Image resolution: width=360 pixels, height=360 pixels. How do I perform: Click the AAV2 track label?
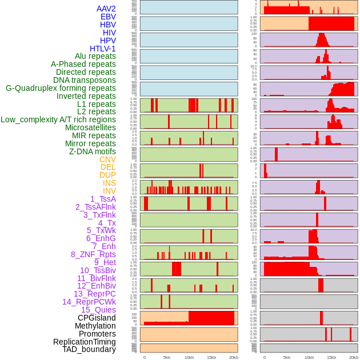[106, 9]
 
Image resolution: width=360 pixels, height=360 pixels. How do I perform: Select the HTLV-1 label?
[103, 49]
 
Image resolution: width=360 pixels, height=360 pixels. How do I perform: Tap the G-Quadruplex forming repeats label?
[61, 88]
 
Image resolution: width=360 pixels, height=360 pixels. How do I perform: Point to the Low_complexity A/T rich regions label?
[58, 119]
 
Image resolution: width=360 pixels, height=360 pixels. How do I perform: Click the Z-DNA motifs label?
[93, 151]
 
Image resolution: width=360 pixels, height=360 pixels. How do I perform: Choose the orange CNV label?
[107, 159]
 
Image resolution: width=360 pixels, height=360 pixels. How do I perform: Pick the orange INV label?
[109, 191]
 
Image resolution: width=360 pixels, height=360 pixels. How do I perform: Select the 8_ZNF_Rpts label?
[93, 254]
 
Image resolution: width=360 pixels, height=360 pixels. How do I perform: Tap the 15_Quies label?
[98, 310]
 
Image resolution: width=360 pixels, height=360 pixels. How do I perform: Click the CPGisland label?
[97, 318]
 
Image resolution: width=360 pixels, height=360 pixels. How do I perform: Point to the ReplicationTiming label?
[85, 342]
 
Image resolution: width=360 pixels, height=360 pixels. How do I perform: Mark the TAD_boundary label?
[89, 349]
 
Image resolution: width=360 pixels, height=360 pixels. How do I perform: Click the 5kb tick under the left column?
[167, 357]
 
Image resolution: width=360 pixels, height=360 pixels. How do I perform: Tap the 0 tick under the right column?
[264, 357]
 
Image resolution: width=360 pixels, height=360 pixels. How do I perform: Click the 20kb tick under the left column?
[233, 357]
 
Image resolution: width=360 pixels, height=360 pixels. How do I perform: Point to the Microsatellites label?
[90, 127]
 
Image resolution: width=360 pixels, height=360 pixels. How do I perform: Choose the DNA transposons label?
[85, 80]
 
